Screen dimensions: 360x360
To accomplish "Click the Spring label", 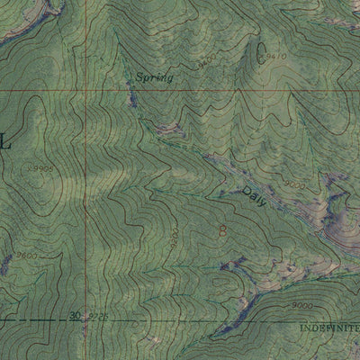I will [154, 78].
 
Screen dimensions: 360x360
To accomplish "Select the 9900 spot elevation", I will [40, 167].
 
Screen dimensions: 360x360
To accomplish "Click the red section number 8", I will [222, 232].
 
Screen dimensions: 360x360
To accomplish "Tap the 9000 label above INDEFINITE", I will [302, 307].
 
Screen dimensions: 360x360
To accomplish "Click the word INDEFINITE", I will [329, 328].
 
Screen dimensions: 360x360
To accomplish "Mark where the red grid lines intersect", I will [87, 91].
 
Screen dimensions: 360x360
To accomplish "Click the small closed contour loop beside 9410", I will [262, 49].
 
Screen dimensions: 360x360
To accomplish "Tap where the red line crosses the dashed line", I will [87, 319].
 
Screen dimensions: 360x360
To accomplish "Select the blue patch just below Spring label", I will [133, 100].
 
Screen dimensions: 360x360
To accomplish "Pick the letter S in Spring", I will [140, 77].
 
